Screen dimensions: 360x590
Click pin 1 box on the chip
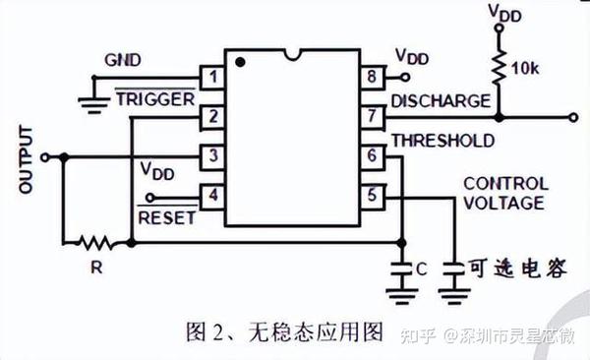(x=211, y=77)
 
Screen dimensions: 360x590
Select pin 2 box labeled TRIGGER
(x=211, y=117)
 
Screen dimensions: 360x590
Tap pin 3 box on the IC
(x=211, y=156)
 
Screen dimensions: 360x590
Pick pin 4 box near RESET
(x=211, y=196)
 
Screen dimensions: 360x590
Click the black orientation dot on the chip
(x=239, y=62)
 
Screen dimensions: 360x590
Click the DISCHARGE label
(x=440, y=100)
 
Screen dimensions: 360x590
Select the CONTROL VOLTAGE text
(x=502, y=194)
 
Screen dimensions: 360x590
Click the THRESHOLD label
(x=442, y=141)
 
